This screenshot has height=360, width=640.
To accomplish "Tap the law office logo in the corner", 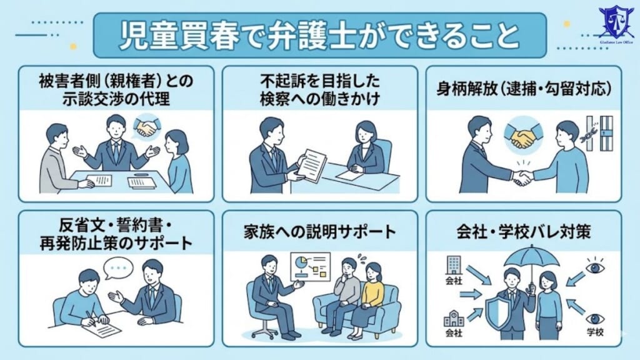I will coord(616,24).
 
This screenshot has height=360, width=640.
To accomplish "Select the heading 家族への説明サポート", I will coord(320,232).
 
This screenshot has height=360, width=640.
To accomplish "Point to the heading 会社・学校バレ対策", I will coord(524,232).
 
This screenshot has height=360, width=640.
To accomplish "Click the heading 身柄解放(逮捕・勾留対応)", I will coord(524,88).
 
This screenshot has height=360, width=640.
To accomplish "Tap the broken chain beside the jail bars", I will coord(590,132).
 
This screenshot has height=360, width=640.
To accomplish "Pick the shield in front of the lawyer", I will coord(499,307).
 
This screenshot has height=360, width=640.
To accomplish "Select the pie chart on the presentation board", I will coord(301,262).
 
